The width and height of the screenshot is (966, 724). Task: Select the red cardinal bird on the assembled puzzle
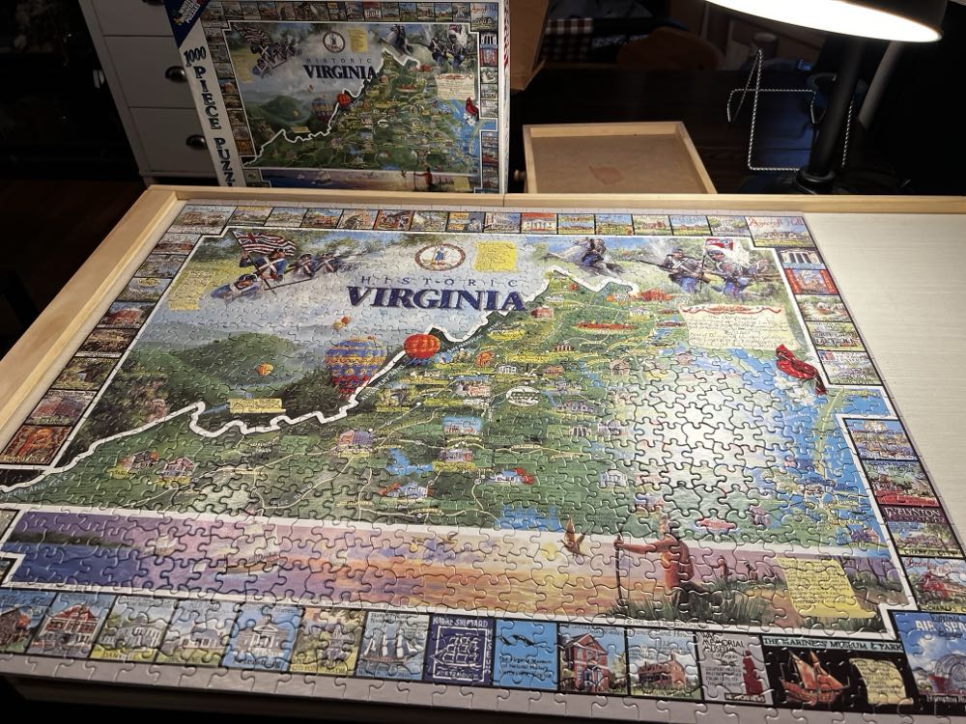tap(799, 367)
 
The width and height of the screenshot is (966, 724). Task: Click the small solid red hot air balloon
tap(421, 346)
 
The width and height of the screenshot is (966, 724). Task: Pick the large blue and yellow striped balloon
tap(355, 362)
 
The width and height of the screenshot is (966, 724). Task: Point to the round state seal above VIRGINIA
tap(440, 256)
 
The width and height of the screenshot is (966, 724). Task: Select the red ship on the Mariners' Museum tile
tap(808, 677)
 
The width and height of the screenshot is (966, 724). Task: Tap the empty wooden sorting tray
tap(616, 159)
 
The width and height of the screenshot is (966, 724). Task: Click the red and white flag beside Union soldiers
tap(719, 249)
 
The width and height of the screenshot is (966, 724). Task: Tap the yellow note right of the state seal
tap(496, 256)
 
